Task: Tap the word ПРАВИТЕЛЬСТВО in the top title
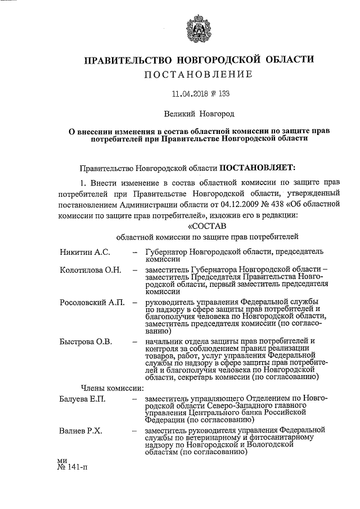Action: click(128, 60)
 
